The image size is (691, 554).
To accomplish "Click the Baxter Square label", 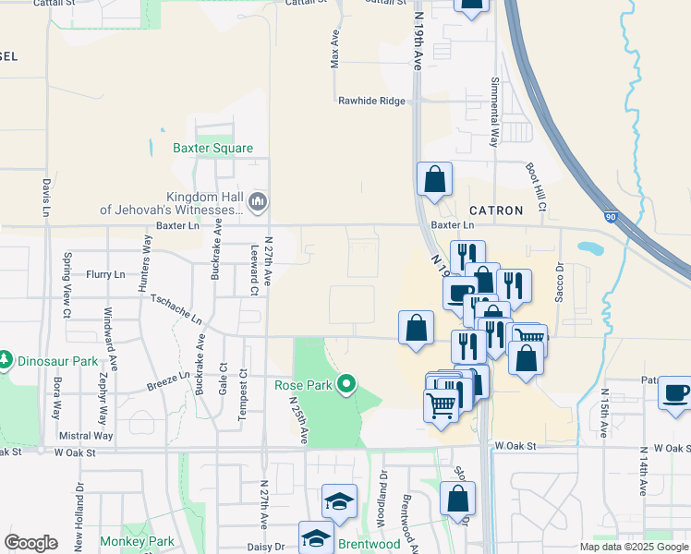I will (x=212, y=148).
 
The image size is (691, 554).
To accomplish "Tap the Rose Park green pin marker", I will (x=346, y=383).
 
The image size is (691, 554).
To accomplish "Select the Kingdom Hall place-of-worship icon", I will (x=258, y=200).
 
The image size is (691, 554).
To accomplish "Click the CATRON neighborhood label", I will (x=496, y=211).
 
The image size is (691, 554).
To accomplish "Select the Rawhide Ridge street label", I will (x=371, y=101).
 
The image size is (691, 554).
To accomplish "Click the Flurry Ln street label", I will (x=105, y=274).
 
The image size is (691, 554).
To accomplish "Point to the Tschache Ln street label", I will (x=175, y=309).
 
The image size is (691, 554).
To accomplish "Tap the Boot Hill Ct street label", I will (x=536, y=185).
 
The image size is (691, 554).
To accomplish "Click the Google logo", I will (x=30, y=543).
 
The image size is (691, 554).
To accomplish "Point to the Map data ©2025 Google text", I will (x=634, y=547).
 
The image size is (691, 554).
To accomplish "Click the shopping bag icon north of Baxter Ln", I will (x=434, y=179).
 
